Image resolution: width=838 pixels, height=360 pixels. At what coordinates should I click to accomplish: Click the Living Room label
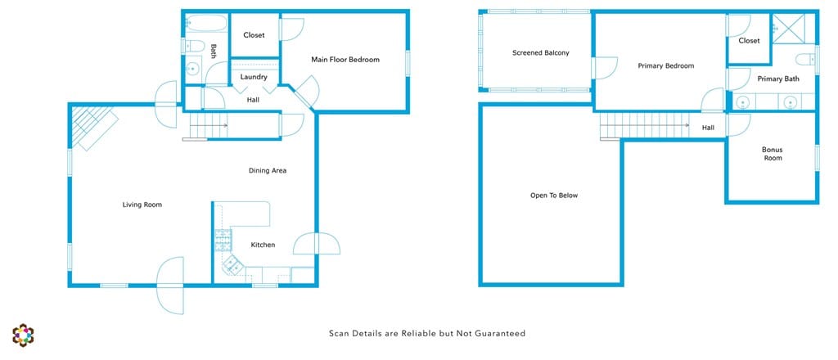click(x=142, y=205)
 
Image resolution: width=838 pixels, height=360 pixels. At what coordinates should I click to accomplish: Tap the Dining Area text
click(x=268, y=171)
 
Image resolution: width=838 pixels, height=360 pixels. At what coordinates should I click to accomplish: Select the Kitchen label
click(x=263, y=245)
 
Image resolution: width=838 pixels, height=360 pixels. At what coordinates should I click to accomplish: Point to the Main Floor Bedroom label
click(x=345, y=60)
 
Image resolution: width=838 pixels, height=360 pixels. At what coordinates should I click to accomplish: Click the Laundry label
click(x=254, y=77)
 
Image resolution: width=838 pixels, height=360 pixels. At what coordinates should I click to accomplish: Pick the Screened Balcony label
click(x=541, y=53)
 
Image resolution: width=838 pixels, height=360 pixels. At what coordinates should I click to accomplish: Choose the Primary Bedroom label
click(x=666, y=66)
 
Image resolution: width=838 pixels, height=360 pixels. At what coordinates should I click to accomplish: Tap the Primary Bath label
click(x=779, y=79)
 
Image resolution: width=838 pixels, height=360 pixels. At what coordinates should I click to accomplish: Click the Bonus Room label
click(x=773, y=154)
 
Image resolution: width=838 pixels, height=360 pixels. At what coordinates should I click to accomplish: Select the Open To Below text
click(x=554, y=196)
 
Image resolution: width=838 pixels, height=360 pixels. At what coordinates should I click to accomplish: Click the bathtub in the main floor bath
click(x=206, y=24)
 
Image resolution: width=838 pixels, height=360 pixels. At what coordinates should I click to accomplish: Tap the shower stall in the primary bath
click(x=788, y=29)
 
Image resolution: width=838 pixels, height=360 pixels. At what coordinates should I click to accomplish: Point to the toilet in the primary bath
click(x=805, y=59)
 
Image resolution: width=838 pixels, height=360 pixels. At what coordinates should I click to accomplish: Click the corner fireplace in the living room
click(x=92, y=126)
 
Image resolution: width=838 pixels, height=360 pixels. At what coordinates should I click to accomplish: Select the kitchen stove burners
click(x=223, y=241)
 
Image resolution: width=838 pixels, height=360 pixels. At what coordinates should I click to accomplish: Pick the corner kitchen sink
click(x=232, y=263)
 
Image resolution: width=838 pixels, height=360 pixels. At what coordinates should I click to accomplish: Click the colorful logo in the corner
click(x=23, y=335)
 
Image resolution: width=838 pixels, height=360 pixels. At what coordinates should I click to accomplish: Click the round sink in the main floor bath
click(x=192, y=69)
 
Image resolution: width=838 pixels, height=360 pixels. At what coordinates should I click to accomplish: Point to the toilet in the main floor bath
click(x=193, y=46)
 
